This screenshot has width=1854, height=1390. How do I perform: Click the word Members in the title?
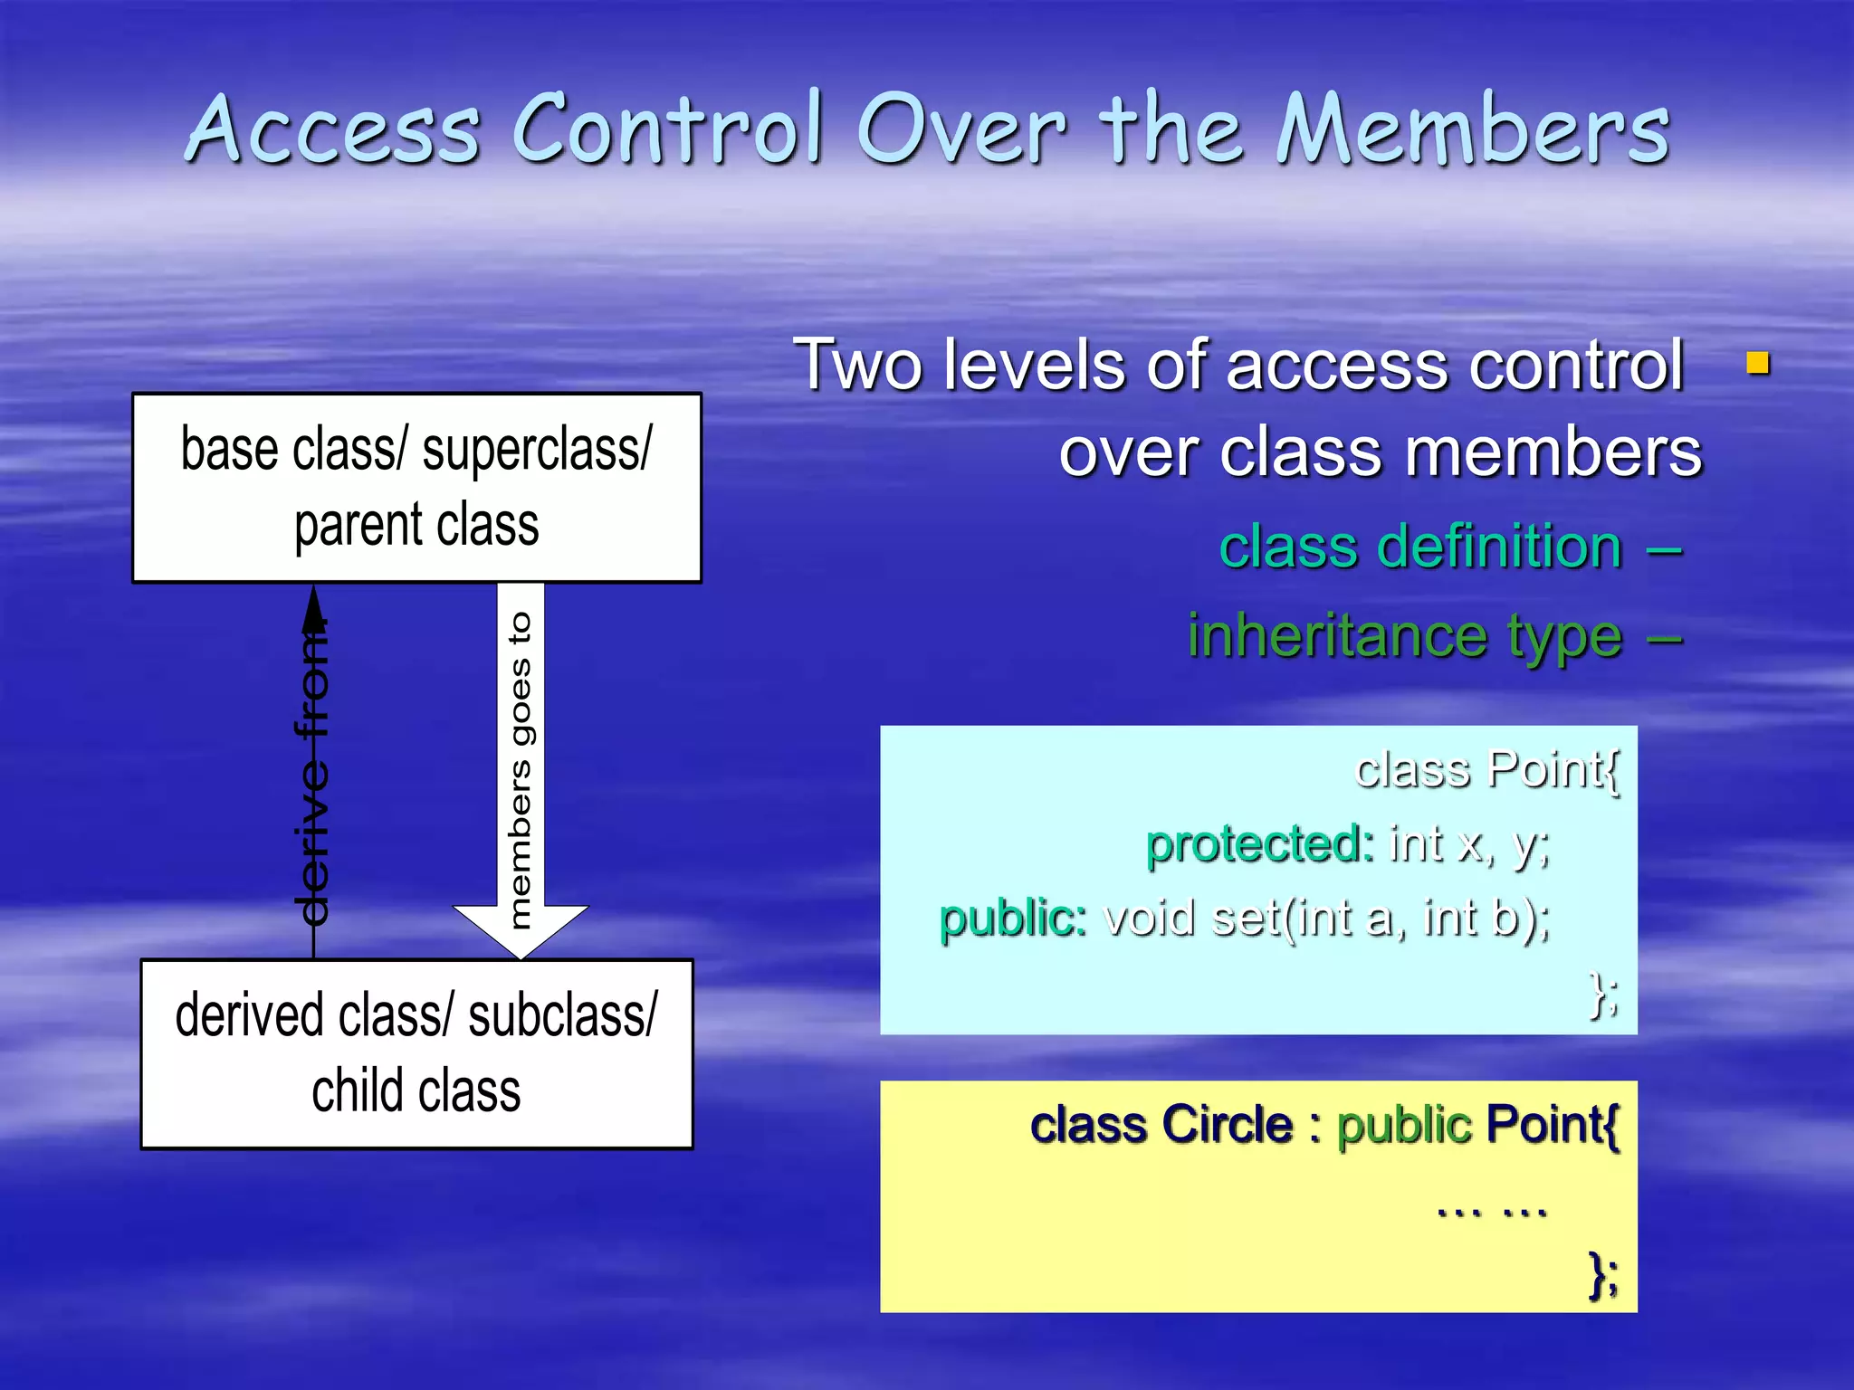1472,131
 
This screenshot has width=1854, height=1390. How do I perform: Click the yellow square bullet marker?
1757,364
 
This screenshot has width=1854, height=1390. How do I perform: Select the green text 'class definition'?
1420,547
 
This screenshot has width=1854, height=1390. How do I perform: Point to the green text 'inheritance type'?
1404,635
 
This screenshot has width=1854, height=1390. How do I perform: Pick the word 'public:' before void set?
1012,918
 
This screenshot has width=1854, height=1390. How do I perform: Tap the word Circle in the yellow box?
1227,1125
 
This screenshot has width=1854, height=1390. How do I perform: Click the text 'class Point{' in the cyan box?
1486,770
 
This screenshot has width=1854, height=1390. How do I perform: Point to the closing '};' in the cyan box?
1604,995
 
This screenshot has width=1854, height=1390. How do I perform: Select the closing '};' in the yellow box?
1604,1275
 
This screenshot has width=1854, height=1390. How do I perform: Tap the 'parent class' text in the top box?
416,526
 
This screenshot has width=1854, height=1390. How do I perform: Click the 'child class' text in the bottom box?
416,1090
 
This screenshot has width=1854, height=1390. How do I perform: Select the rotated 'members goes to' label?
520,770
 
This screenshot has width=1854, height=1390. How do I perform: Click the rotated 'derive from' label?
313,769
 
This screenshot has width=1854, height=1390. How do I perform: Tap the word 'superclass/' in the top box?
536,450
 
